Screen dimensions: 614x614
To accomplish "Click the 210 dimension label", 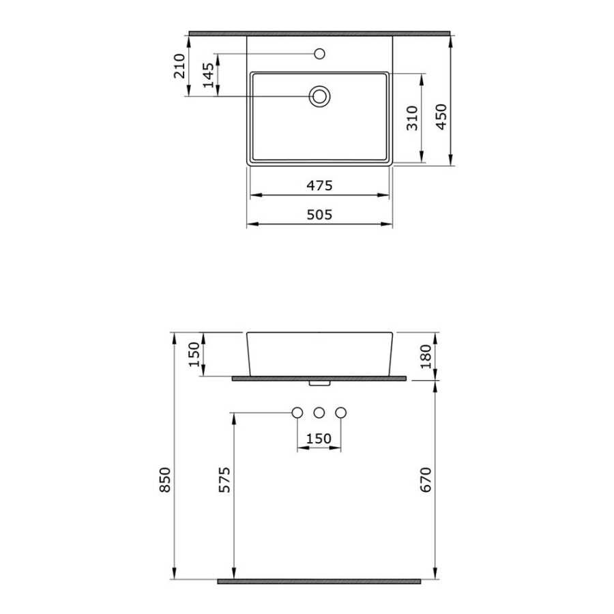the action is pos(179,66).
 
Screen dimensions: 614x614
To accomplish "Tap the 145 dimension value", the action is pos(208,75).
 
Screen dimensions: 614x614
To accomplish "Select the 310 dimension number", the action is pos(412,118).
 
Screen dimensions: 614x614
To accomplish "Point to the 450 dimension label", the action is pos(441,117).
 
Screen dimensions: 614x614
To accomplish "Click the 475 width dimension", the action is pos(319,185).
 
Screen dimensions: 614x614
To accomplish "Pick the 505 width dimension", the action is pos(319,215).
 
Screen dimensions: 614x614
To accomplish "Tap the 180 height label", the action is pos(425,356).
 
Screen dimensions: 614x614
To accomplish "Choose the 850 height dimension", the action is pos(165,480).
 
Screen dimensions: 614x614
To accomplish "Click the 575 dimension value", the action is pos(224,480).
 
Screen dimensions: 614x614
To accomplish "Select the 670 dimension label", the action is pos(425,480).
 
